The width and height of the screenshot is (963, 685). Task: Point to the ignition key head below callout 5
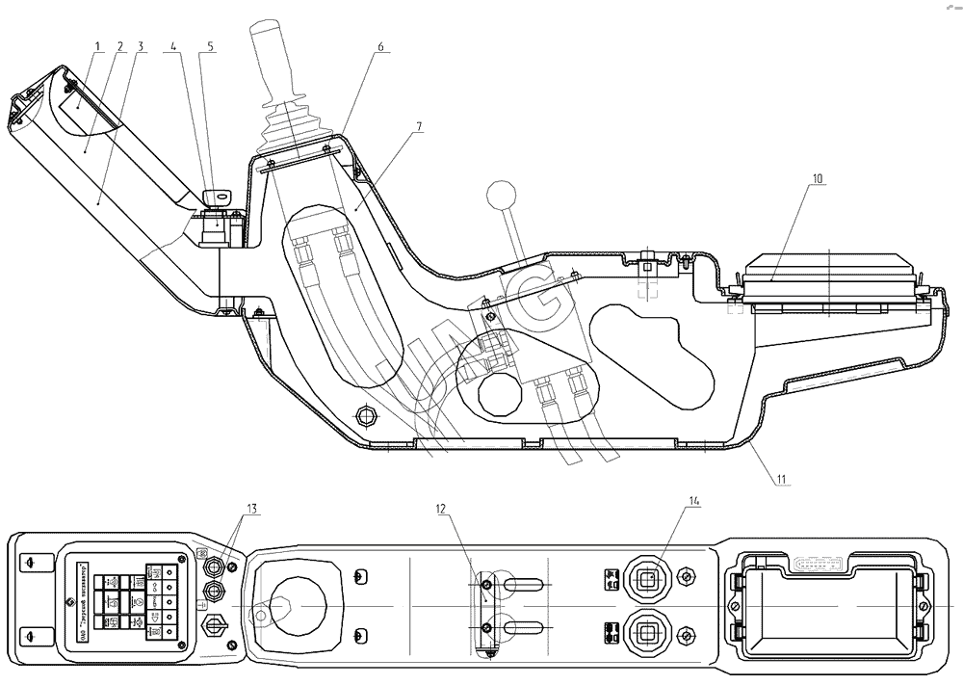point(221,196)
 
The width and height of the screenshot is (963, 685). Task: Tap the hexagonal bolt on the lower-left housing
point(366,415)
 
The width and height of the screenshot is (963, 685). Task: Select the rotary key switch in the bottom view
point(213,627)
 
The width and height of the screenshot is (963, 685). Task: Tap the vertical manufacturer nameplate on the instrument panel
point(83,603)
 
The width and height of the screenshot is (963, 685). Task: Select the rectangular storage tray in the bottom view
point(827,605)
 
